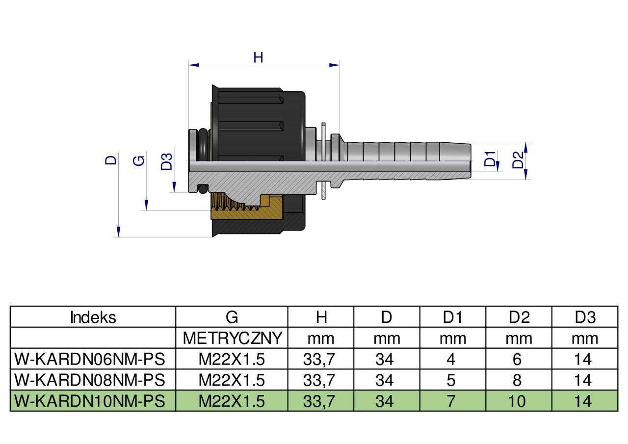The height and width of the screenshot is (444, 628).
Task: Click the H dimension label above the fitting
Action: pyautogui.click(x=258, y=57)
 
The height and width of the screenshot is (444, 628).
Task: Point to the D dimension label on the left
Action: pyautogui.click(x=111, y=159)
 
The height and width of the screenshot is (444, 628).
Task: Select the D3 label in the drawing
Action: pyautogui.click(x=167, y=161)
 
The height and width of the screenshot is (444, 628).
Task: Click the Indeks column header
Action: pyautogui.click(x=93, y=317)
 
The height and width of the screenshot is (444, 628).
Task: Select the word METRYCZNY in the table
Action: pyautogui.click(x=232, y=338)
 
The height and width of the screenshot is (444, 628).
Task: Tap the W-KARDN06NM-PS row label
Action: pyautogui.click(x=89, y=359)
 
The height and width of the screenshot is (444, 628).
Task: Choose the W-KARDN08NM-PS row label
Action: pyautogui.click(x=89, y=380)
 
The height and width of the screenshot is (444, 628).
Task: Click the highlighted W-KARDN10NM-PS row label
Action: pyautogui.click(x=89, y=401)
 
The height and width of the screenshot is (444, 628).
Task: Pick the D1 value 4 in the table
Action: pyautogui.click(x=451, y=359)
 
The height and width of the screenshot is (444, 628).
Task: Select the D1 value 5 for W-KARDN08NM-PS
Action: pyautogui.click(x=451, y=380)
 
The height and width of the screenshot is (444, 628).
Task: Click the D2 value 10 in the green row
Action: pyautogui.click(x=518, y=401)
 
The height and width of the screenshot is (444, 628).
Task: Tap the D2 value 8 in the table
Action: pyautogui.click(x=517, y=380)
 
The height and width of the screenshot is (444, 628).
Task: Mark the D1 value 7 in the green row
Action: pyautogui.click(x=451, y=401)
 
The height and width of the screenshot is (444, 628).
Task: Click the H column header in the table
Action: pyautogui.click(x=321, y=317)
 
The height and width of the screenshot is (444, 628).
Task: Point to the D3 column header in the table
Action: pyautogui.click(x=584, y=317)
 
